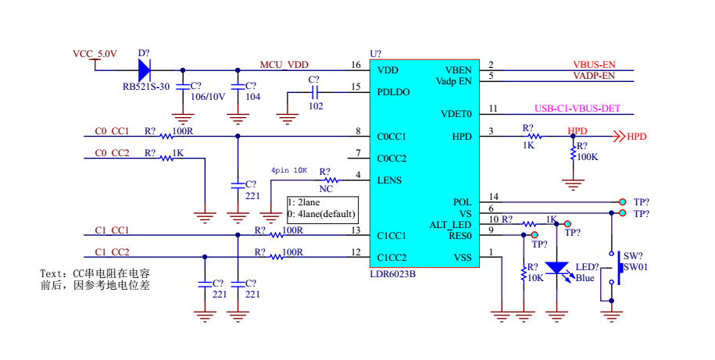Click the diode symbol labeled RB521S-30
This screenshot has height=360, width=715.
tap(144, 70)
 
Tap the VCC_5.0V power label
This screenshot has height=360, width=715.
tap(95, 54)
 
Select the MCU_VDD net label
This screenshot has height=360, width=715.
tap(284, 65)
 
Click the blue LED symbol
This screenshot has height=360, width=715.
tap(557, 268)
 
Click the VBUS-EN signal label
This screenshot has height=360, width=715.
tap(594, 65)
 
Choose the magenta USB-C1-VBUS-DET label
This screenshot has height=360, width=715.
tap(577, 109)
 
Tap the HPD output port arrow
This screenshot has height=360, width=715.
tap(619, 136)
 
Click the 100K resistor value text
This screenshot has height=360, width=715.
tap(588, 157)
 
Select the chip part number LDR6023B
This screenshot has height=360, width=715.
tap(392, 274)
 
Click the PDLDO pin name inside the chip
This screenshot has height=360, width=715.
tap(393, 92)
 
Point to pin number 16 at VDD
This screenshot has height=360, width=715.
tap(356, 65)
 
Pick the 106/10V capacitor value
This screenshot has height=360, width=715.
tap(208, 97)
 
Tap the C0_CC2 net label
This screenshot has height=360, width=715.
tap(113, 153)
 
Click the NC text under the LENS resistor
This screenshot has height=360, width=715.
tap(326, 189)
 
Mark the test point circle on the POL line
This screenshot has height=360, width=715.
tap(623, 202)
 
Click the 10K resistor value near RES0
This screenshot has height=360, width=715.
tap(535, 277)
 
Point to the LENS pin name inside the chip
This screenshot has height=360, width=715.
tap(389, 180)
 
